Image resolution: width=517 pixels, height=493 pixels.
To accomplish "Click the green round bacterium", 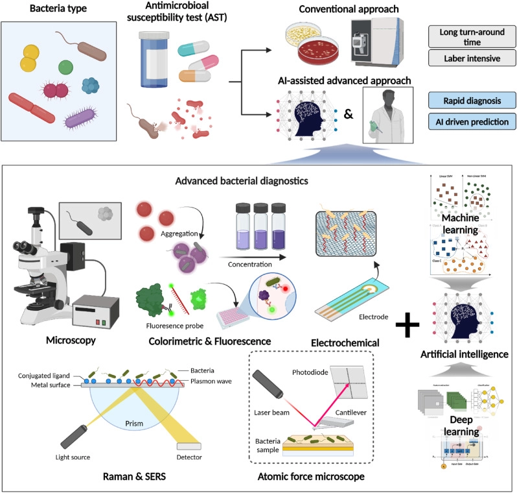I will point(65,66).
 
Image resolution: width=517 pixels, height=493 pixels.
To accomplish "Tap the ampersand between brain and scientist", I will point(348,115).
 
